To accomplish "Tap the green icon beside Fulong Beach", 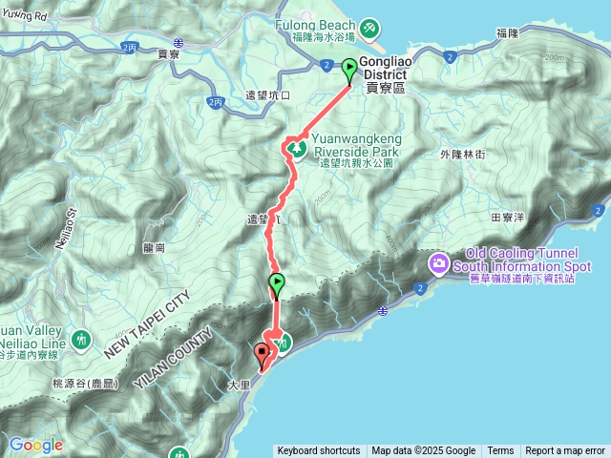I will tap(369, 27).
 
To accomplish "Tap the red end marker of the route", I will tap(262, 355).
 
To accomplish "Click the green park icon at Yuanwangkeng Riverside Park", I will tap(296, 149).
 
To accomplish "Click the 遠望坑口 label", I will tap(268, 95).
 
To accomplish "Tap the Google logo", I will tap(35, 445).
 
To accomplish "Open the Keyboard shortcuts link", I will tap(318, 451).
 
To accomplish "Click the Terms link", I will tap(500, 451).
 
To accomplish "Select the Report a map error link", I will tap(564, 451).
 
